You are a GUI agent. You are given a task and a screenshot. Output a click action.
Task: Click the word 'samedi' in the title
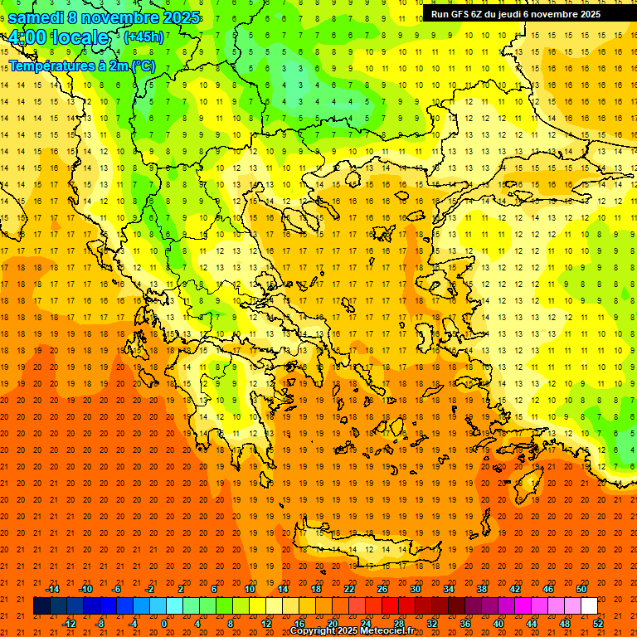36,17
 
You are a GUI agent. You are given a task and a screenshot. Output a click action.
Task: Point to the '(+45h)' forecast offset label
143,37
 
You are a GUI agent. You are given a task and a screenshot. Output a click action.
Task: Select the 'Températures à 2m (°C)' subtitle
81,66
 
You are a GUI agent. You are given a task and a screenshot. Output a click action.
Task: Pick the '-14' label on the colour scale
52,589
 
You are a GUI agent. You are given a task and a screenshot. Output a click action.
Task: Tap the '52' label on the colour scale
598,624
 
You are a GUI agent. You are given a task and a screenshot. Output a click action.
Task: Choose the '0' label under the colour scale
164,624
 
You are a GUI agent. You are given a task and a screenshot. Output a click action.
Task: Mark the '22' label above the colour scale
349,589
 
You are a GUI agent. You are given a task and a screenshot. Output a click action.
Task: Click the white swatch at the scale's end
590,606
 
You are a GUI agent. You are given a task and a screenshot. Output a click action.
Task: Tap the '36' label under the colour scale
465,624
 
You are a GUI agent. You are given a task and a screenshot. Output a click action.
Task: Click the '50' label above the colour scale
581,589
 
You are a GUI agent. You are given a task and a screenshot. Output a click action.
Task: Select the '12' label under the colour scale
266,624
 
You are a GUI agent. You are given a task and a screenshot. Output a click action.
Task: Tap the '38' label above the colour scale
482,589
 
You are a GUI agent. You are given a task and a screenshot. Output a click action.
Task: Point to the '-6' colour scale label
117,589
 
